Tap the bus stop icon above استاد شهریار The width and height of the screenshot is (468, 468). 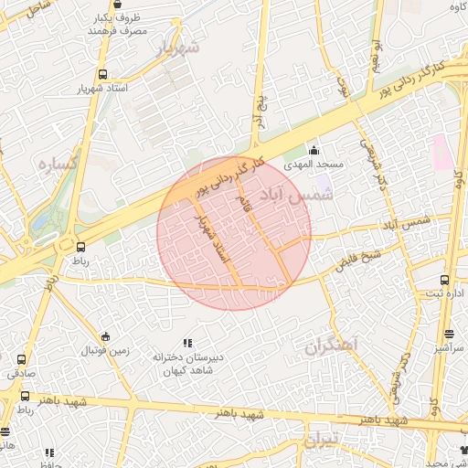tap(101, 75)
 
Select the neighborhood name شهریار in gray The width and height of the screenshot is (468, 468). tap(177, 48)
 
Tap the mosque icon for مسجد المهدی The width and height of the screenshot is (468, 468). tap(315, 151)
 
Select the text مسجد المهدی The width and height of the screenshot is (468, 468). tap(314, 165)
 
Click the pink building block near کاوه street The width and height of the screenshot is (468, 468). tap(441, 152)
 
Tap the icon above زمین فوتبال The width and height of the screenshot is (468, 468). tap(106, 336)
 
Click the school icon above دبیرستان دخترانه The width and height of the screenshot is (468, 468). tap(188, 343)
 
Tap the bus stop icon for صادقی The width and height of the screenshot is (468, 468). tap(21, 359)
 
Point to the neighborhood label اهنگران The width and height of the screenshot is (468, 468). tap(331, 346)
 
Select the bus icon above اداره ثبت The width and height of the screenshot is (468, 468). tap(445, 280)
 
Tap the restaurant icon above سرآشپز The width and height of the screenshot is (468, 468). tap(449, 335)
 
